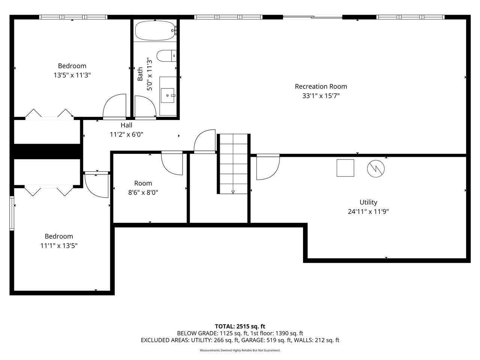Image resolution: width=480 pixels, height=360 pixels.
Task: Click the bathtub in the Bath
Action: pos(155,30)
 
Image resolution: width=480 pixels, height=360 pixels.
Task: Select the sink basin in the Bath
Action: pos(168,96)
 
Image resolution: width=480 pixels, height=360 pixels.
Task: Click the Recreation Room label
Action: pos(321,87)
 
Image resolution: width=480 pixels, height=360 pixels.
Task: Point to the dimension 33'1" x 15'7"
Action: pos(321,96)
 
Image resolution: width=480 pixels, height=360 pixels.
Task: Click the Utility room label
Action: pos(368,202)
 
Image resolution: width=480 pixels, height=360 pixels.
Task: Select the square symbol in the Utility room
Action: pos(345,168)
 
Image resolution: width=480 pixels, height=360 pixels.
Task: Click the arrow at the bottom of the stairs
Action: pos(233,192)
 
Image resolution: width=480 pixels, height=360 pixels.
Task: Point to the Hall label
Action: pos(126,125)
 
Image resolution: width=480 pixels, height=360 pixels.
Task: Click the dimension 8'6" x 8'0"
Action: pos(143,193)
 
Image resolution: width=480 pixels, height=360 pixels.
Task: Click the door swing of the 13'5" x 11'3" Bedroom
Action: pos(115,106)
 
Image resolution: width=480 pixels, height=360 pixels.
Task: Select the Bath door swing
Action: pos(145,107)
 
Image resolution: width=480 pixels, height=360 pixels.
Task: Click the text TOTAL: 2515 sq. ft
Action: pos(240,326)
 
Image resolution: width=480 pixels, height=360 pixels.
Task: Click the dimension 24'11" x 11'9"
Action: pos(368,211)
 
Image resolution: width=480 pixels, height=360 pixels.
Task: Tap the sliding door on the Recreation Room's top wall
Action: pos(312,16)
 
